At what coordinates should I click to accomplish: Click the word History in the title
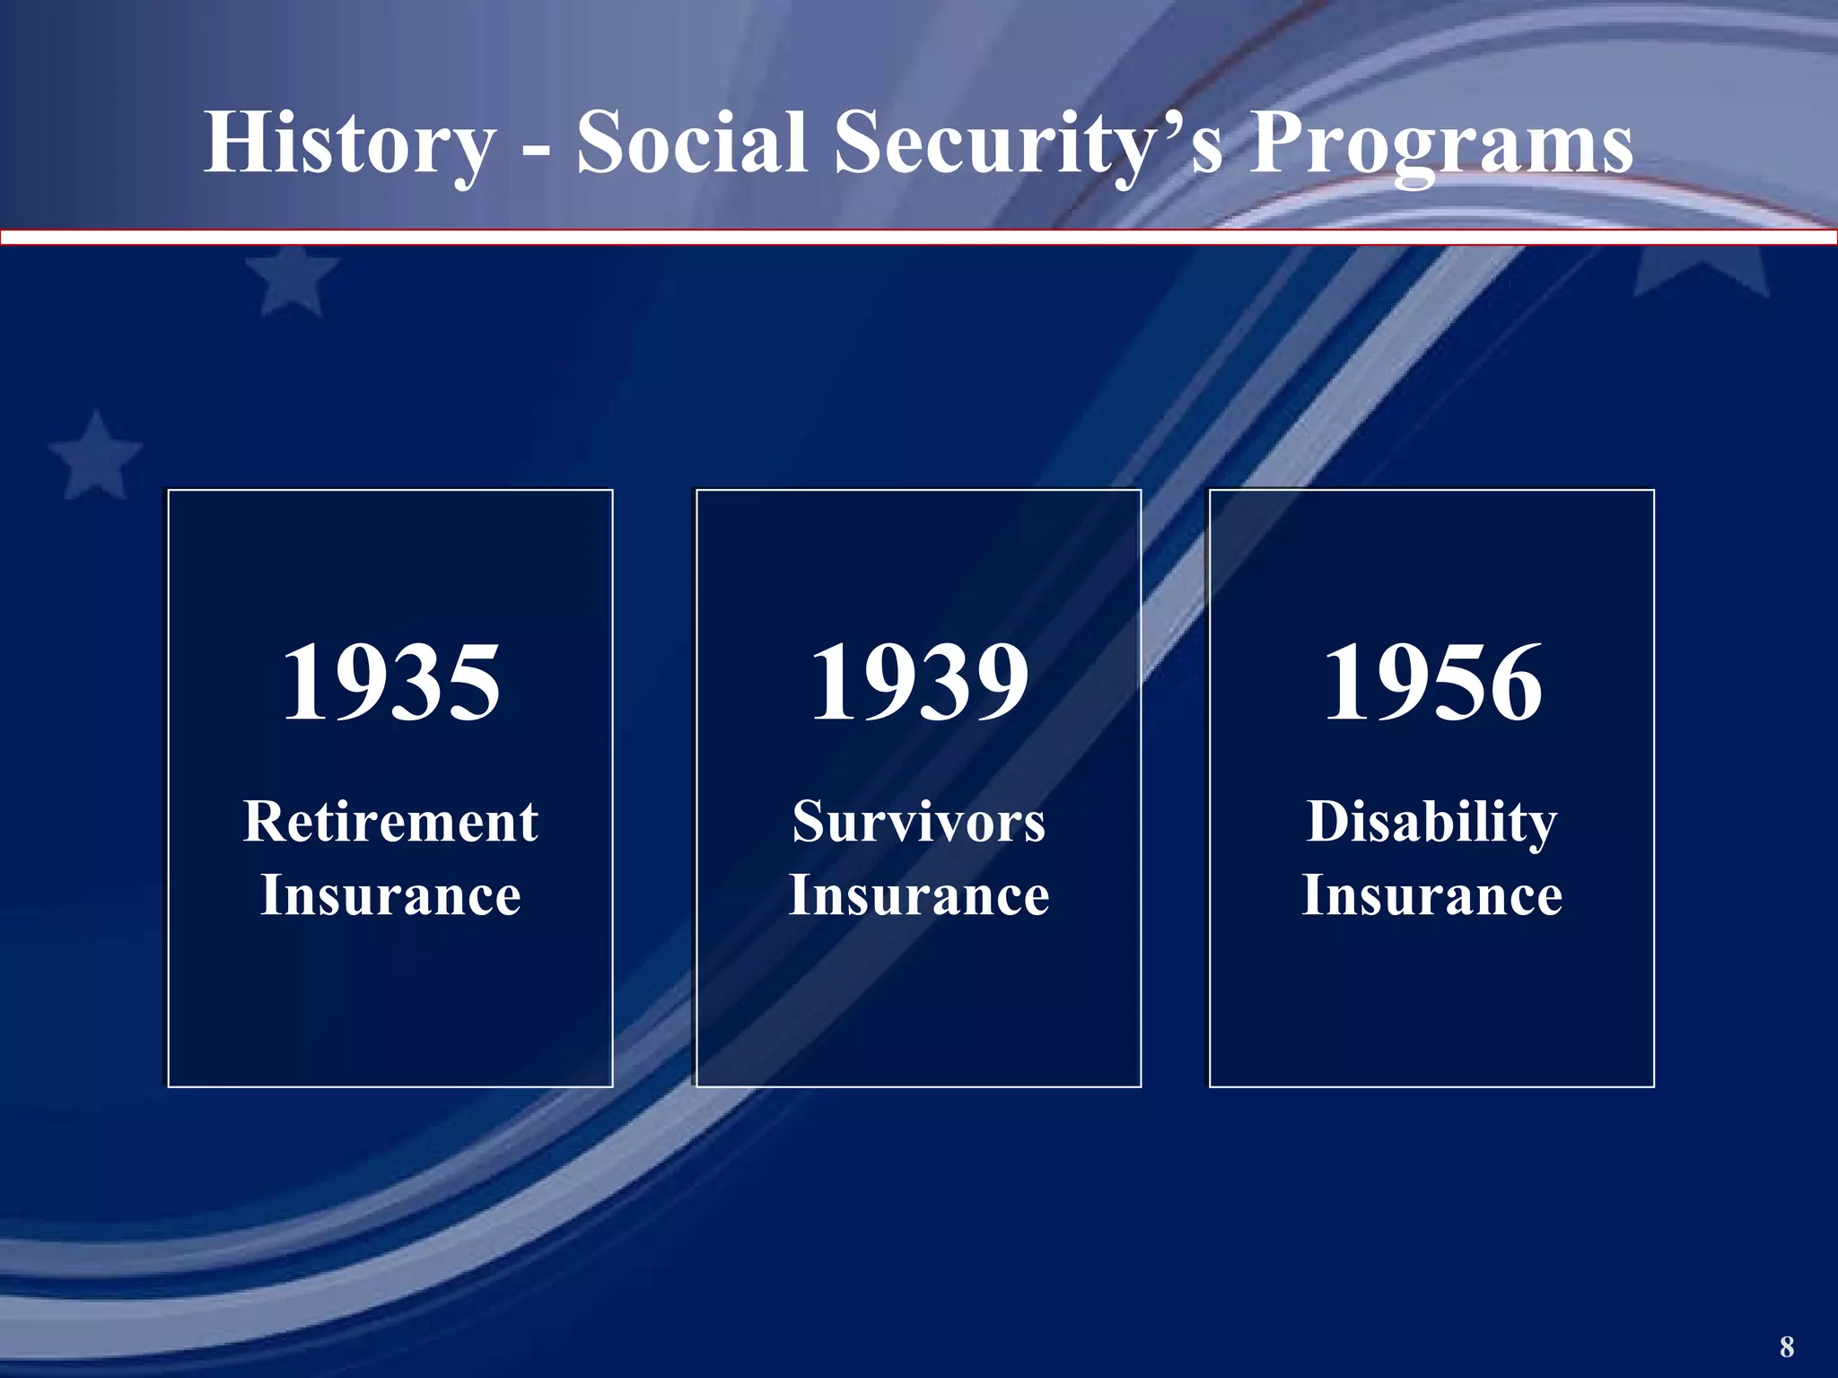point(350,144)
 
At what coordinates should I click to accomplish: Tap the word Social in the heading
point(691,144)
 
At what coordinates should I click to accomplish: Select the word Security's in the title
point(1028,144)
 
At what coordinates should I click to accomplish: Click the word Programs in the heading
point(1440,144)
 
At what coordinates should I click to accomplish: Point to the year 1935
point(390,684)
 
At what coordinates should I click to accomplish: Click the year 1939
point(918,684)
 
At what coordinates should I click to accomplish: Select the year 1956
point(1432,684)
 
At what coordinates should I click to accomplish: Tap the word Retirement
point(390,822)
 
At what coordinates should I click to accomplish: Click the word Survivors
point(918,822)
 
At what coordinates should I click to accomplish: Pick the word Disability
point(1432,822)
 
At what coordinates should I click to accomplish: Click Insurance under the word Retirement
point(390,895)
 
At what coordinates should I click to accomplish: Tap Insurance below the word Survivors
point(918,895)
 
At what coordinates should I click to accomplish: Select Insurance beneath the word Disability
point(1432,895)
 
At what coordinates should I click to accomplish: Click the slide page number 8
point(1786,1346)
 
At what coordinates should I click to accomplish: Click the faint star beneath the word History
point(289,280)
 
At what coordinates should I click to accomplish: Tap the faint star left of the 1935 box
point(94,456)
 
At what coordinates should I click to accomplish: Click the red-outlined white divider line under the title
point(918,238)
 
